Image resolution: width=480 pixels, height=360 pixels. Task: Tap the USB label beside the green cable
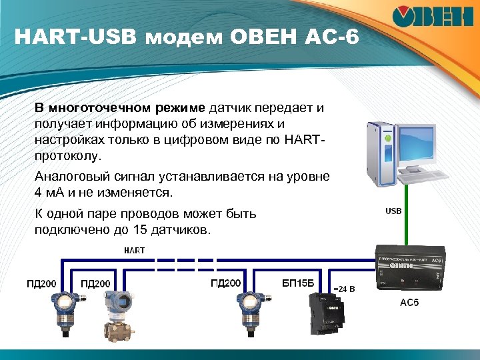[x=393, y=211]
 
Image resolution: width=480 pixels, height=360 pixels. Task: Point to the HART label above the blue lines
[x=134, y=250]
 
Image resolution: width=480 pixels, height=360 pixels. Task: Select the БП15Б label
[x=297, y=283]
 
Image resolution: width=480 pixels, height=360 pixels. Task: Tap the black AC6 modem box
[x=409, y=271]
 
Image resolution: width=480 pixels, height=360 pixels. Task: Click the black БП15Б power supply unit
[x=321, y=315]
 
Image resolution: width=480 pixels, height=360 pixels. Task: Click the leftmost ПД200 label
[x=41, y=284]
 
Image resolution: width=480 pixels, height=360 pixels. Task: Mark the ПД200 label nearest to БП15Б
[x=225, y=283]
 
